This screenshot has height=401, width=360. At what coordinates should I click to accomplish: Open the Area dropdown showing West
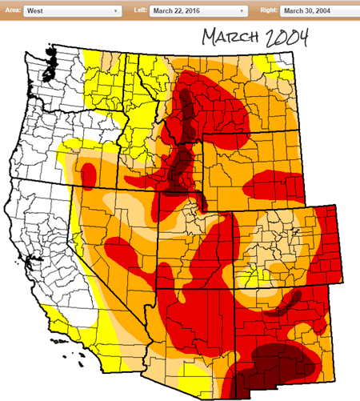pyautogui.click(x=72, y=11)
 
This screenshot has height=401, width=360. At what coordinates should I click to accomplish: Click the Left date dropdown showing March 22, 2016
pyautogui.click(x=196, y=11)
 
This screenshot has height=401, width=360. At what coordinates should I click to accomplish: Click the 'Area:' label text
pyautogui.click(x=10, y=11)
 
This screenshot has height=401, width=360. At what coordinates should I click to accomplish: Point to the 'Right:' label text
pyautogui.click(x=268, y=11)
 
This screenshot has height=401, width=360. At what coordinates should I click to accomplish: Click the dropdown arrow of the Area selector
pyautogui.click(x=117, y=11)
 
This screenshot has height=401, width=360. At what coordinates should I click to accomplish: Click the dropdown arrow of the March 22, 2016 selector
pyautogui.click(x=242, y=11)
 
